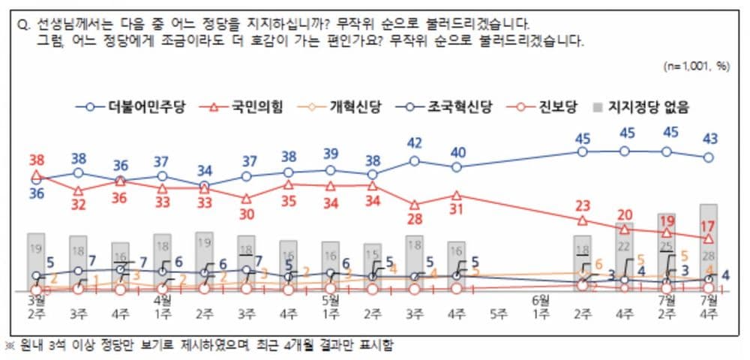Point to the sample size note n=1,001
(x=696, y=66)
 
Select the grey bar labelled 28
(x=709, y=247)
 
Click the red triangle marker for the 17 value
(x=708, y=238)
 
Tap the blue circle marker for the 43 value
(x=708, y=157)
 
